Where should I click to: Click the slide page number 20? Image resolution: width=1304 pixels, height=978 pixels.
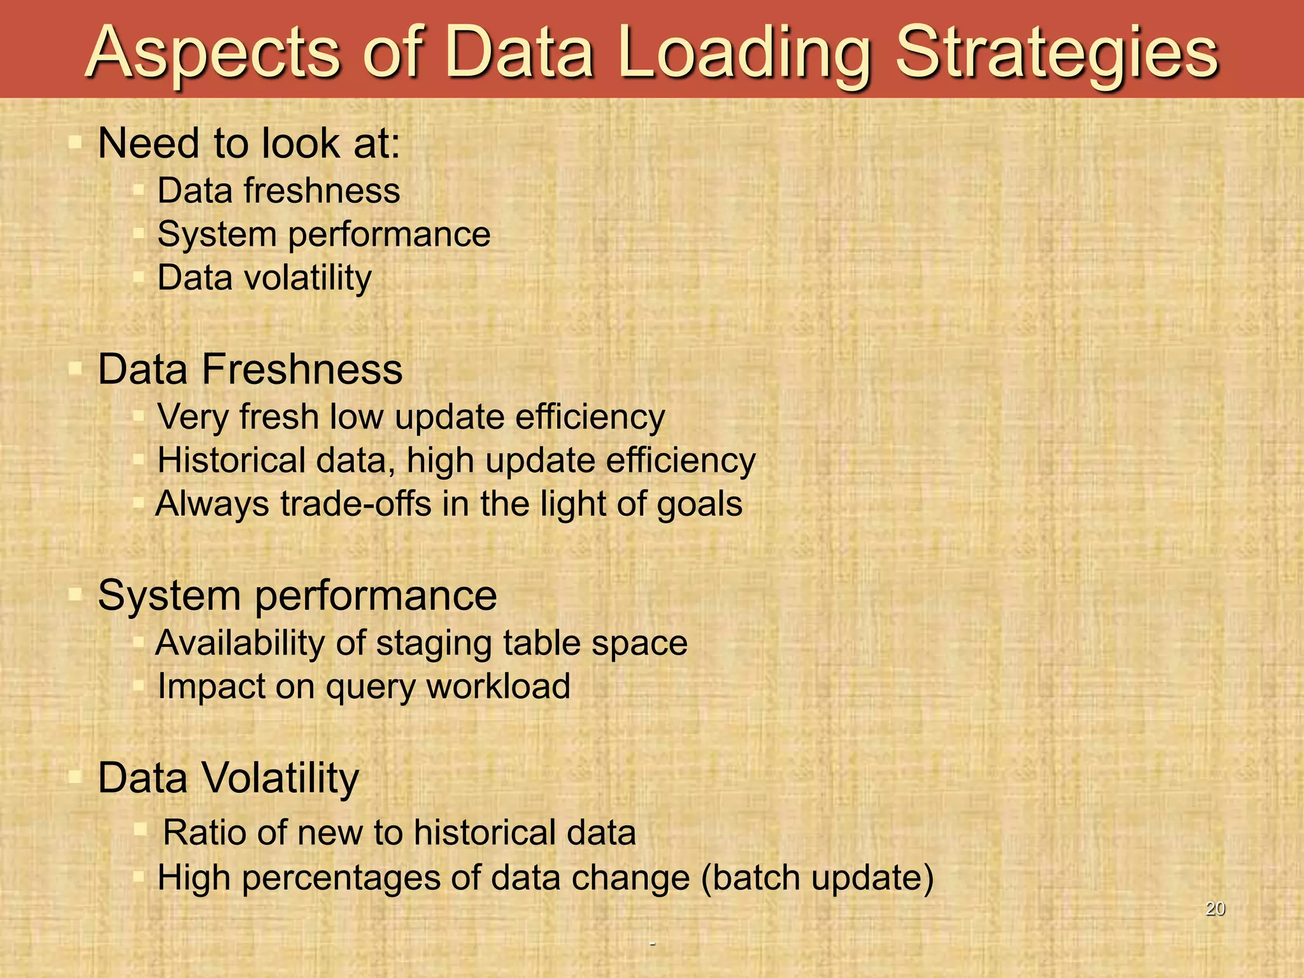(1215, 909)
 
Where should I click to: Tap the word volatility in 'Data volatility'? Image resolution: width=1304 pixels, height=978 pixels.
(308, 278)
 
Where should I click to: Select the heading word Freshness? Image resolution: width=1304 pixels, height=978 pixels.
(302, 369)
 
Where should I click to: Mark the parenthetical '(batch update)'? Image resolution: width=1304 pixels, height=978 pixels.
(817, 878)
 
